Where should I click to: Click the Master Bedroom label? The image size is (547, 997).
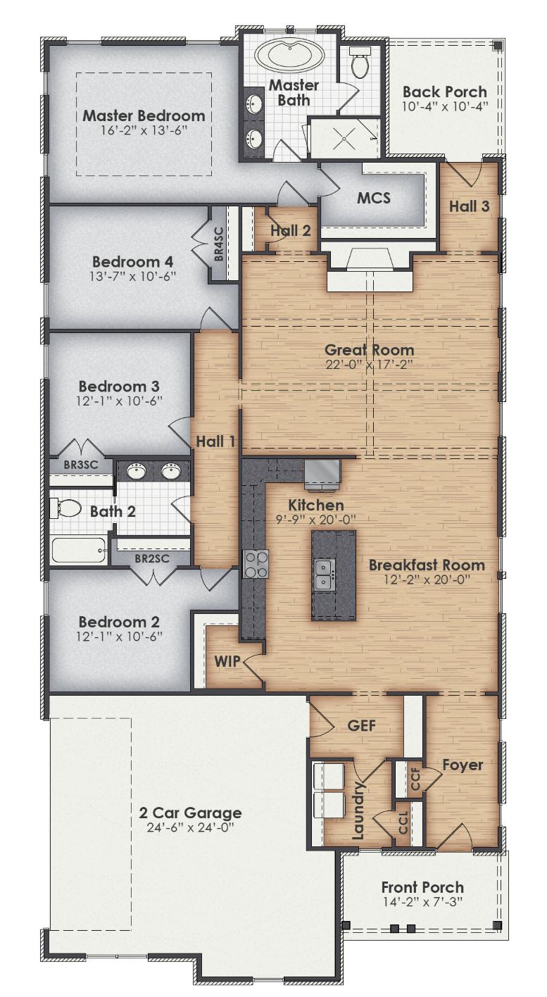(x=144, y=115)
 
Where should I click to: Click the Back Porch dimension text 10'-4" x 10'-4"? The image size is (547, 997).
(x=444, y=106)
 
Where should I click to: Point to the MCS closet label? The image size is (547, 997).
(x=373, y=198)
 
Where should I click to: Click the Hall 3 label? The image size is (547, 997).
(x=470, y=206)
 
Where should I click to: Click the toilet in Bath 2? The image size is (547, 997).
(x=65, y=508)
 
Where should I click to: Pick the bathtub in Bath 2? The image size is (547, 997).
(x=79, y=550)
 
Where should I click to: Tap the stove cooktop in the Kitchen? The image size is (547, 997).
(x=255, y=564)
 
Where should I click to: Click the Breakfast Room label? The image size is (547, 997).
(x=427, y=565)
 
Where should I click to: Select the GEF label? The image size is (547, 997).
(x=361, y=726)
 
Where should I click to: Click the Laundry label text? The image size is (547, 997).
(x=358, y=810)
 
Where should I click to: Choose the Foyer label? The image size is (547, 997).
(x=463, y=765)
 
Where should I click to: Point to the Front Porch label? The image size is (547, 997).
(x=422, y=887)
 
